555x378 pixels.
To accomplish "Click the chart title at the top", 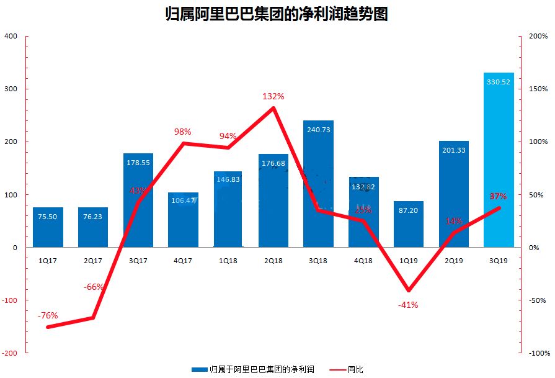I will [277, 14].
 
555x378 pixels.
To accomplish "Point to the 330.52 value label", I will [499, 81].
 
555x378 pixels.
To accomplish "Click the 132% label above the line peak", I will [273, 96].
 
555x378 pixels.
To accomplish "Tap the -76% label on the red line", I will [48, 315].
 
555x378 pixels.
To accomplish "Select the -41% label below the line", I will [408, 305].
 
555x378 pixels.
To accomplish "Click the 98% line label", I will [183, 132].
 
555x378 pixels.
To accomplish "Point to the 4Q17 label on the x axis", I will [183, 261].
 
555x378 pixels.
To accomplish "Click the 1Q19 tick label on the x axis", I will [408, 261].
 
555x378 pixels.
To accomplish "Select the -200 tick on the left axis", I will [9, 353].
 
